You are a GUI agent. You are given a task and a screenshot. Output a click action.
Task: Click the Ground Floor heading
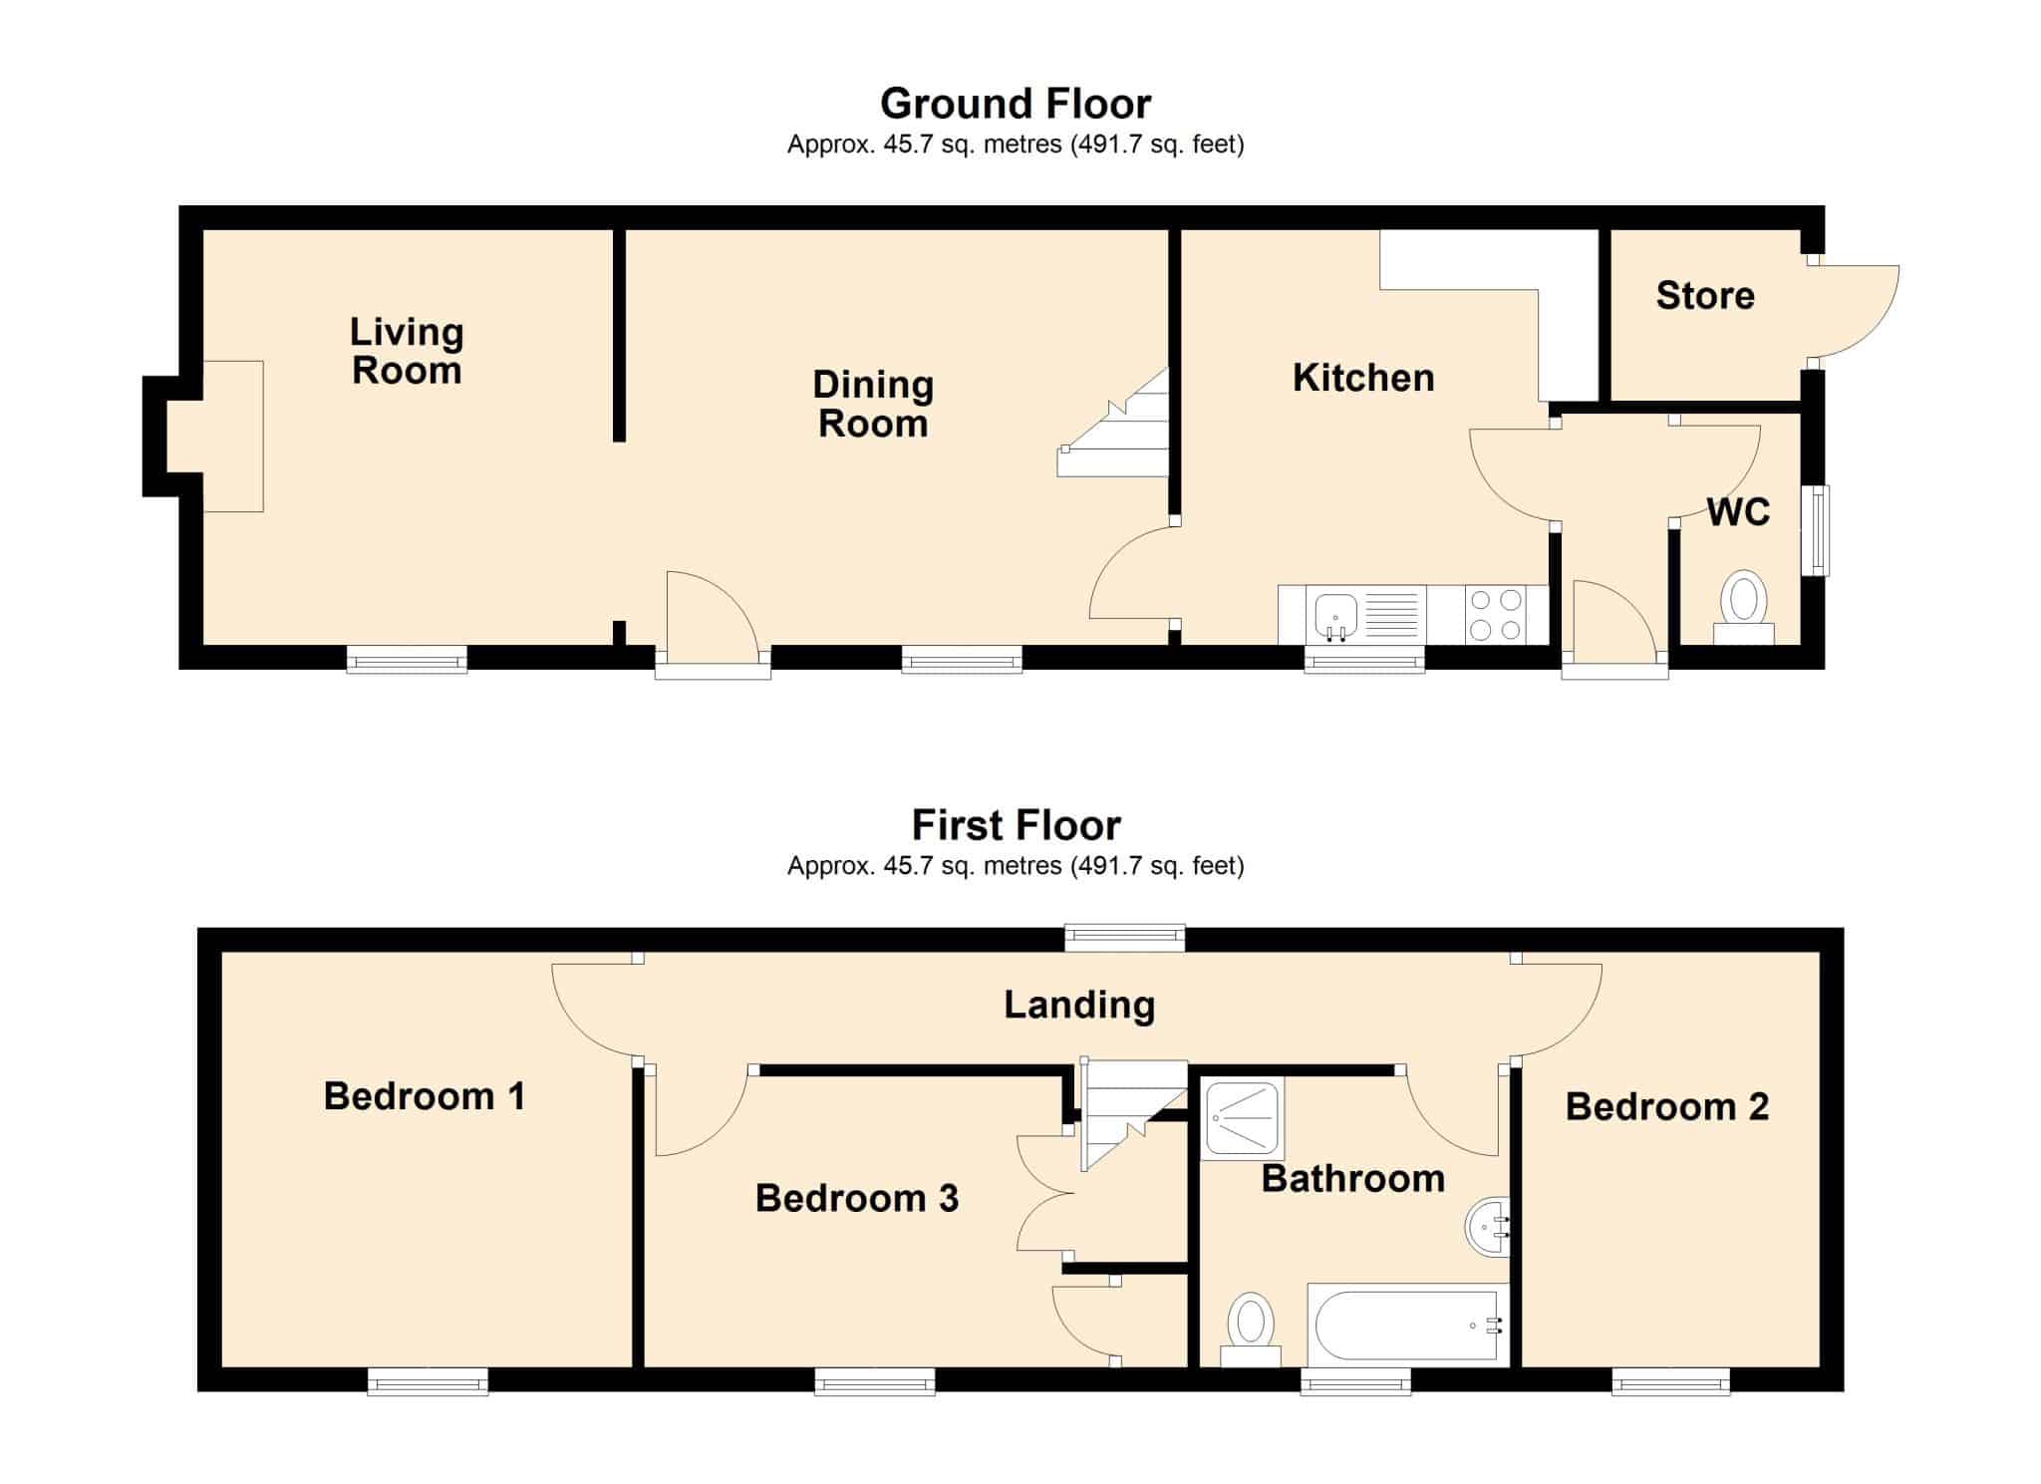1016,104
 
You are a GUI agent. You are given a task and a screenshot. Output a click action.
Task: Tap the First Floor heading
1016,825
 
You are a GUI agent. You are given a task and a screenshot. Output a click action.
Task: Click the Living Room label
407,351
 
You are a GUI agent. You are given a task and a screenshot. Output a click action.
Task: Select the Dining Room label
873,404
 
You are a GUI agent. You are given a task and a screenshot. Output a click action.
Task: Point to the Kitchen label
1363,378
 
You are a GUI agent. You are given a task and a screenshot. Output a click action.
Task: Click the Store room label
1705,295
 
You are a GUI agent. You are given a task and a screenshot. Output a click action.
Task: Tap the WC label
1738,512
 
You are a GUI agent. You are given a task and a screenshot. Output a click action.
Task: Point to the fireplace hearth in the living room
233,437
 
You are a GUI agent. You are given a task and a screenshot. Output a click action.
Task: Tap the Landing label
1079,1005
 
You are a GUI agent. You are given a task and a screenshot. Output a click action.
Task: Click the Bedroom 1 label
425,1096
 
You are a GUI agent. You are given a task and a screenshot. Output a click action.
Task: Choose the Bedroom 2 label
1667,1106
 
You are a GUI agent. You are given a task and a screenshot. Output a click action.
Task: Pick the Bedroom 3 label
857,1198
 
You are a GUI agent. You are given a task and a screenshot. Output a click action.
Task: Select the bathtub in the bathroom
1408,1325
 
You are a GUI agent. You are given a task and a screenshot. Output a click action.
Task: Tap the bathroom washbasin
1488,1227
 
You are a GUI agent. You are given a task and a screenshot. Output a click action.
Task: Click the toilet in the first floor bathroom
1251,1330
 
